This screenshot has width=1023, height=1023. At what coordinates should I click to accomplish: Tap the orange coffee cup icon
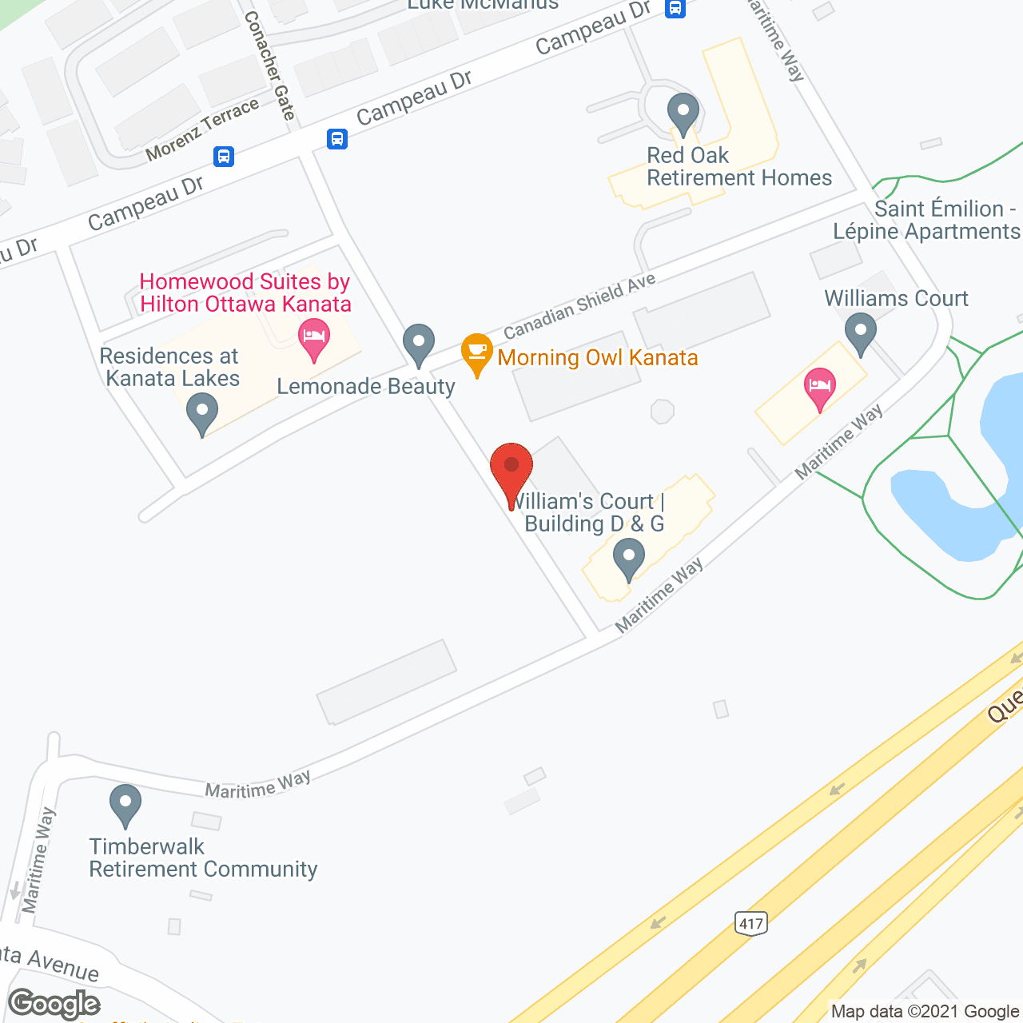click(x=477, y=352)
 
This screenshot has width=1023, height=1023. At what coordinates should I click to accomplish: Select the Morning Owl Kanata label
click(x=598, y=357)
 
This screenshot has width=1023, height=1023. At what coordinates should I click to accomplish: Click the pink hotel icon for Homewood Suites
click(x=314, y=339)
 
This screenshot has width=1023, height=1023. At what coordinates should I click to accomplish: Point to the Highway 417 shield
click(x=750, y=924)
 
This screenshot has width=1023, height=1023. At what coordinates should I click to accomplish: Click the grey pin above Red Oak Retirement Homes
click(x=683, y=113)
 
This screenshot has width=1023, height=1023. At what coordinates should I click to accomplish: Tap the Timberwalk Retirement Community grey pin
click(x=125, y=804)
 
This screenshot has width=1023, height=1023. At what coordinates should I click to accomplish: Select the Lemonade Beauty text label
click(x=366, y=387)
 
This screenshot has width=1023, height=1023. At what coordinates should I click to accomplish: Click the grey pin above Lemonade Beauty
click(x=418, y=344)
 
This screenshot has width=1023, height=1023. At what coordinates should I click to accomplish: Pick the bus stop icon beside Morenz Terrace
click(x=224, y=157)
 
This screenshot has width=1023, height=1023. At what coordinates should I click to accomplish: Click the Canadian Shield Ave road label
click(x=579, y=305)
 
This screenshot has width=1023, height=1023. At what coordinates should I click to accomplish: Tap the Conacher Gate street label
click(x=270, y=66)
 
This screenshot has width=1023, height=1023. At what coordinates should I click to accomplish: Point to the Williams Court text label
click(x=896, y=298)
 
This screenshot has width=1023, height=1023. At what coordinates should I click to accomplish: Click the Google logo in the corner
click(x=54, y=1004)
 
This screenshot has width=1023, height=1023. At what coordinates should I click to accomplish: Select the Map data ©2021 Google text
click(x=925, y=1012)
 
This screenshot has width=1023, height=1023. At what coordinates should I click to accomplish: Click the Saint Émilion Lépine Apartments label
click(x=926, y=220)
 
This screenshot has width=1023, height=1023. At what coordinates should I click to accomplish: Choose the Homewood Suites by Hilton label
click(x=245, y=293)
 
